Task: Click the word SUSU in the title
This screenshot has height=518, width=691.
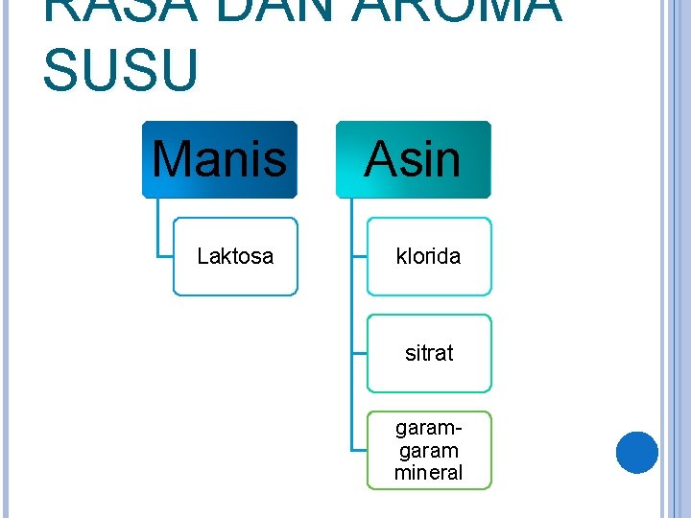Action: (121, 71)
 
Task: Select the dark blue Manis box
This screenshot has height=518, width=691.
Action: (220, 159)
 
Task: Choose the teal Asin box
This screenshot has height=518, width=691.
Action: (413, 159)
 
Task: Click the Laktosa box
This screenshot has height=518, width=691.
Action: (235, 256)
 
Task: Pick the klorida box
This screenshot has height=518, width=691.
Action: (429, 256)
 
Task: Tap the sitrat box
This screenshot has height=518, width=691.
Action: (429, 353)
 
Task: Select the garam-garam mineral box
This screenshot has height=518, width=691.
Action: (429, 450)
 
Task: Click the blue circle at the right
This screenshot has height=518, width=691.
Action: (636, 452)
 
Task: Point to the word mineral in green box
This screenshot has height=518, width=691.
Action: (428, 472)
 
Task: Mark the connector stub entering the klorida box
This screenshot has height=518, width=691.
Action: (359, 256)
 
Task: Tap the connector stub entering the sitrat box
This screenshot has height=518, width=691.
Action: (359, 353)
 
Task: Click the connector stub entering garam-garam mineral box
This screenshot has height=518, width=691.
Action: (359, 450)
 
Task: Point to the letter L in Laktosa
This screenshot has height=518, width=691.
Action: (202, 256)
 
